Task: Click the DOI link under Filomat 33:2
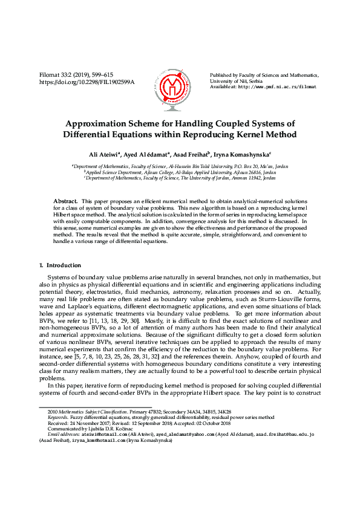coord(87,82)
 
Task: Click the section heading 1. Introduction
coord(60,265)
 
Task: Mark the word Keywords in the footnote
coord(59,417)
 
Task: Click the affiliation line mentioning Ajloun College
coord(180,172)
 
